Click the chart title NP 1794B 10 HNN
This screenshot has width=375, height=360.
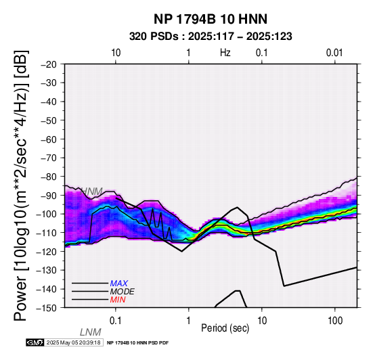211,19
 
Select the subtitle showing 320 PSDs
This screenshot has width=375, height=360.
211,37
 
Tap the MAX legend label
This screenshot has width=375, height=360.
119,284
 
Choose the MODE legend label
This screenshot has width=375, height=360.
123,292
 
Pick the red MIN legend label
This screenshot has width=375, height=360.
118,300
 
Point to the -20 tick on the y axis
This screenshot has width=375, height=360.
49,64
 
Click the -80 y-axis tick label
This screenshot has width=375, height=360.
49,177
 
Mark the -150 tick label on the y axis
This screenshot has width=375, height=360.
47,308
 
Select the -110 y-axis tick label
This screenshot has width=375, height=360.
47,233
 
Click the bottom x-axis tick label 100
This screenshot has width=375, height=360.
335,321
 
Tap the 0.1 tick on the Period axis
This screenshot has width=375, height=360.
116,321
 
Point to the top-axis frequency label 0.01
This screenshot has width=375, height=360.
334,53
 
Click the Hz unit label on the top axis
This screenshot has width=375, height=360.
225,53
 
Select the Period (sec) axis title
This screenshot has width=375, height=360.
225,328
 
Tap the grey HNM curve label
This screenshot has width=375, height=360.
91,192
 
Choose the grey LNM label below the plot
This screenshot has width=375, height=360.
91,332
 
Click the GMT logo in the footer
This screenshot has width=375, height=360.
35,342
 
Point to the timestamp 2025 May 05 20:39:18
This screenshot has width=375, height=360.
73,342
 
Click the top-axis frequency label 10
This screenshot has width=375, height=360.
116,53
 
